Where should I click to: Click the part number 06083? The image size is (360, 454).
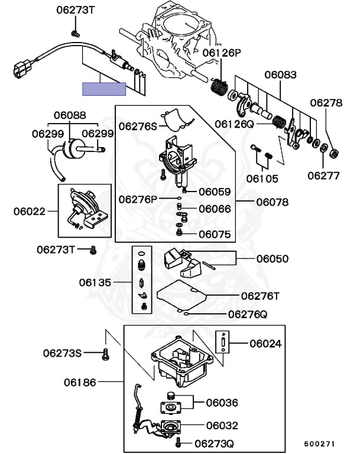(x=280, y=75)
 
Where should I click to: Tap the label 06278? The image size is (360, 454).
(x=326, y=103)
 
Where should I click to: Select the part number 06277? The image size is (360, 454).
(x=323, y=175)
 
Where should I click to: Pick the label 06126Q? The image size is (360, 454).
(x=234, y=124)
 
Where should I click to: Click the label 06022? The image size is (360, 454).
(x=30, y=210)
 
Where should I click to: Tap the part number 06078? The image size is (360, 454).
(x=273, y=202)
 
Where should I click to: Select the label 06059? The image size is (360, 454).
(x=215, y=192)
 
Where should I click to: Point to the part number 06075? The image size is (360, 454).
(x=215, y=234)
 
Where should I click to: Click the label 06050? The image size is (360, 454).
(x=273, y=258)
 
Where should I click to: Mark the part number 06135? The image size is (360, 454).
(x=95, y=283)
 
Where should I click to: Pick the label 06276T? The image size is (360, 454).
(x=260, y=294)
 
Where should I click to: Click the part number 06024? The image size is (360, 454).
(x=265, y=343)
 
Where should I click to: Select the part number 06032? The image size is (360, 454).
(x=222, y=424)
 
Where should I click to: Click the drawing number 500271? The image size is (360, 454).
(x=320, y=443)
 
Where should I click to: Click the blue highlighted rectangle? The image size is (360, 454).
(x=104, y=89)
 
